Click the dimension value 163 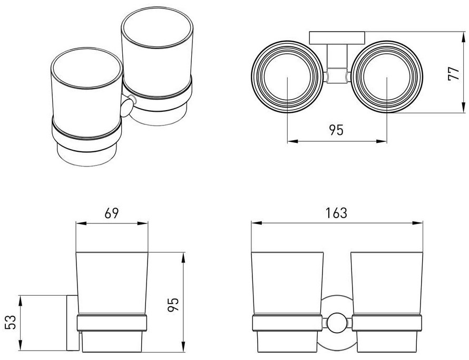(x=337, y=213)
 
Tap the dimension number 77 (x=453, y=73)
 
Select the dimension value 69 (x=112, y=213)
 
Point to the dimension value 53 (x=11, y=322)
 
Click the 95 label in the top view (x=337, y=130)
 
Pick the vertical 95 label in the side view (x=173, y=305)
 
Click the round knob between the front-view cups (x=337, y=323)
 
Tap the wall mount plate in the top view (x=337, y=38)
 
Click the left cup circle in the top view (x=287, y=77)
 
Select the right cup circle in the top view (x=387, y=77)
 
